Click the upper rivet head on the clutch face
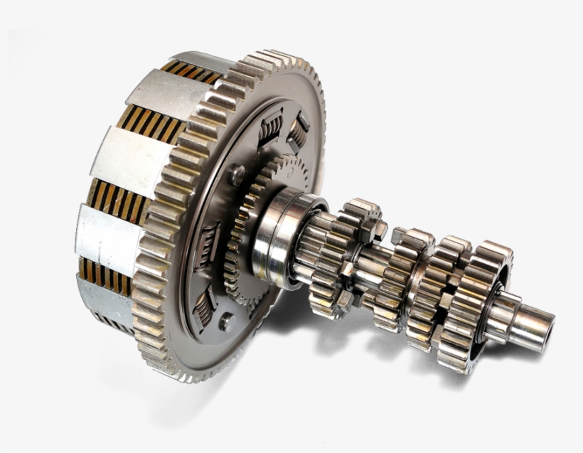[237, 173]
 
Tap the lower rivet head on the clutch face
[226, 321]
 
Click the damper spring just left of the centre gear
[212, 238]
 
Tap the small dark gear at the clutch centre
[245, 235]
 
